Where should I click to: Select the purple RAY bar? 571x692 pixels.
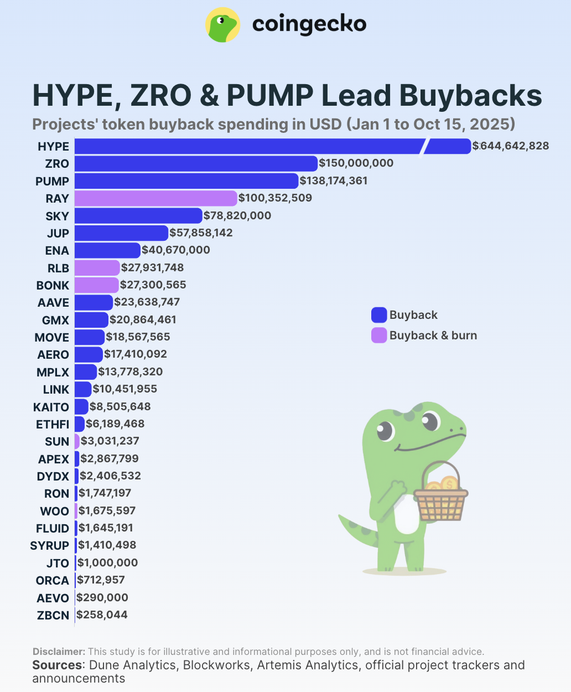point(155,198)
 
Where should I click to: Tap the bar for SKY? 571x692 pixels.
point(138,216)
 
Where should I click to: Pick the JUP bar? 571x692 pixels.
point(121,233)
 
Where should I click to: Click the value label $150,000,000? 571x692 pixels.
point(356,163)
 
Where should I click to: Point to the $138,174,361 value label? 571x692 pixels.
point(334,180)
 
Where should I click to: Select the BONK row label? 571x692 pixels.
point(53,285)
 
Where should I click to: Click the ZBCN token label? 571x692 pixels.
point(53,615)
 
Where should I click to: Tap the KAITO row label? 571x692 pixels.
point(51,407)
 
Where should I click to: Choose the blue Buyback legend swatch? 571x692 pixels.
point(379,315)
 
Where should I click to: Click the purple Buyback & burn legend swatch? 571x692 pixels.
point(379,335)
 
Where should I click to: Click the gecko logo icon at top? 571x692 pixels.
point(222,25)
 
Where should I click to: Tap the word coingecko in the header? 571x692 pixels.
point(309,24)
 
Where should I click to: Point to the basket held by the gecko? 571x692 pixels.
point(441,501)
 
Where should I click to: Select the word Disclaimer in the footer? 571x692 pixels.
point(59,652)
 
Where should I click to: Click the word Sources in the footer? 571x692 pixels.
point(58,665)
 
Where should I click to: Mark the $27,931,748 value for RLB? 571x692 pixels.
point(153,268)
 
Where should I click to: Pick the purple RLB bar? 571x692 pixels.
point(97,268)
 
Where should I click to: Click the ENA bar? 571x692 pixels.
point(107,250)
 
